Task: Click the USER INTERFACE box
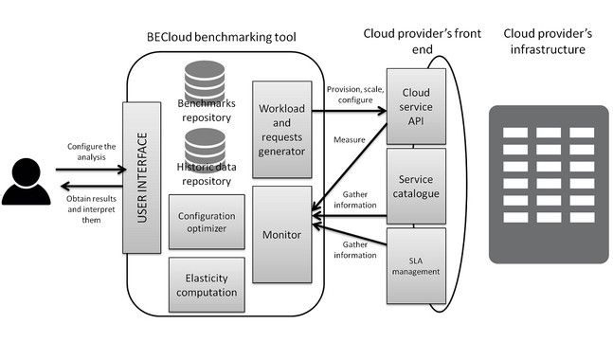coord(141,177)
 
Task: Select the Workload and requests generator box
coord(282,130)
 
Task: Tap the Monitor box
coord(282,234)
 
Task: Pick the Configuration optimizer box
coord(207,222)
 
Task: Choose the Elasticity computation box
coord(207,284)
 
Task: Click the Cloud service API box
coord(416,107)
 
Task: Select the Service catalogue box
coord(416,186)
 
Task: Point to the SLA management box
coord(416,266)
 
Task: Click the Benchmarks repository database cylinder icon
coord(205,81)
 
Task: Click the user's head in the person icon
coord(27,172)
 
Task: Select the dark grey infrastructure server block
coord(549,185)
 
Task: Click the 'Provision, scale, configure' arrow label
coord(355,95)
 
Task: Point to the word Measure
coord(349,139)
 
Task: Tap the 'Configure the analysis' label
coord(92,152)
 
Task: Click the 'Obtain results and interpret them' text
coord(91,209)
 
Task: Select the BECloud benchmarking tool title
coord(222,37)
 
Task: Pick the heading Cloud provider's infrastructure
coord(548,42)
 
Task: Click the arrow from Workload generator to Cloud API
coord(349,111)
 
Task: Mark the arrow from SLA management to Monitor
coord(350,235)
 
